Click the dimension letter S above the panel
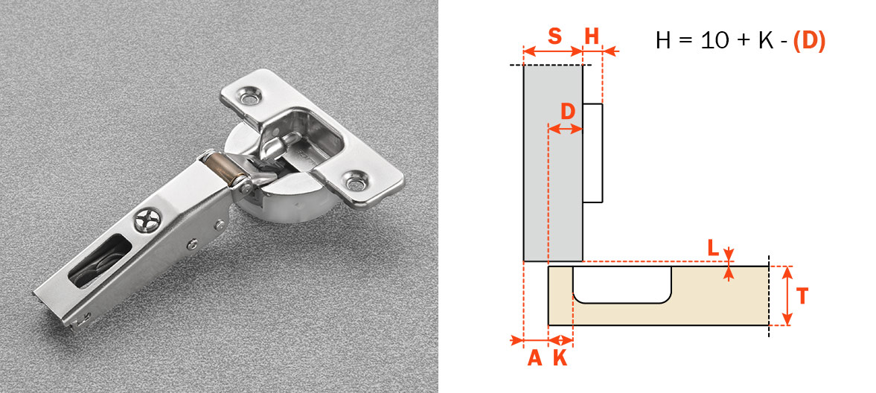tap(554, 36)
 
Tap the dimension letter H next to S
tap(592, 36)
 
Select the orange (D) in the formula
tap(809, 40)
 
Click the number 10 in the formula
tap(714, 40)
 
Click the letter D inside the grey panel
tap(568, 112)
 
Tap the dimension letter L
tap(714, 248)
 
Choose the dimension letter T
tap(802, 295)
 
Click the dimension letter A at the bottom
tap(534, 358)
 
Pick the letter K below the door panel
tap(560, 358)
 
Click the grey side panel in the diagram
tap(553, 163)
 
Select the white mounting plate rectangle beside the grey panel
tap(592, 153)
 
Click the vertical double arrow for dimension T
tap(787, 295)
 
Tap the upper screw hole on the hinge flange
tap(250, 98)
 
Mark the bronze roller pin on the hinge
tap(225, 168)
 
